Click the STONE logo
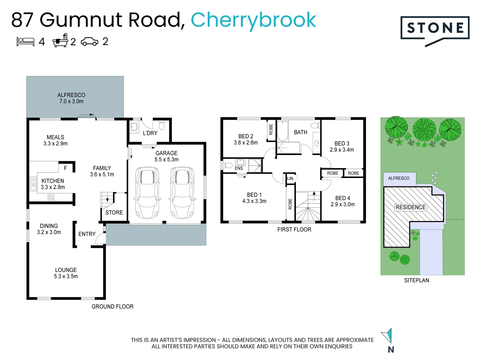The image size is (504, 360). (x=435, y=29)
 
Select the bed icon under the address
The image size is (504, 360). (x=25, y=42)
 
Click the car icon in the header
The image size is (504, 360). (x=90, y=42)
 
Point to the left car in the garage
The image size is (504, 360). (x=147, y=193)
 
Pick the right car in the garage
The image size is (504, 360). (x=182, y=193)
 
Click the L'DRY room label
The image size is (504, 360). (x=150, y=133)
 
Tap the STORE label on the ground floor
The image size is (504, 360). (x=114, y=213)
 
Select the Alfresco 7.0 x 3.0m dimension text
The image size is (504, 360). (x=71, y=101)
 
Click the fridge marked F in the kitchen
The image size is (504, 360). (x=65, y=168)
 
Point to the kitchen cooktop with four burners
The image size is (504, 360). (x=51, y=197)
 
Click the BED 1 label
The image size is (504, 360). (x=254, y=195)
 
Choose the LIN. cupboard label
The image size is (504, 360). (x=290, y=178)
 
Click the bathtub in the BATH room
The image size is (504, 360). (x=282, y=131)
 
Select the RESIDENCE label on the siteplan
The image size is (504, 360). (x=410, y=207)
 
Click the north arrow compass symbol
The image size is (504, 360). (x=387, y=336)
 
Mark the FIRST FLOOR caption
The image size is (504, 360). (x=294, y=229)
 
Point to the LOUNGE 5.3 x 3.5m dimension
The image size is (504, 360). (x=66, y=276)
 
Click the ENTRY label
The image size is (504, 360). (x=87, y=234)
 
